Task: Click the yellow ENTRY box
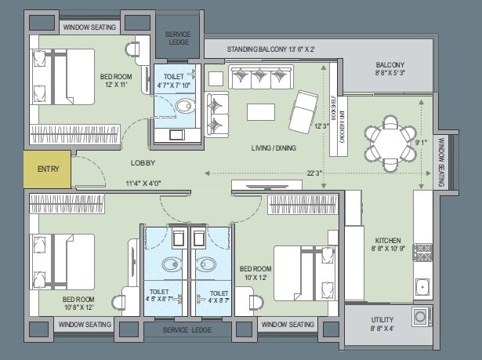tap(47, 169)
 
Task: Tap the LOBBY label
tap(143, 163)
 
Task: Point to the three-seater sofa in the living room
tap(260, 78)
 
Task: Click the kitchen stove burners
tap(422, 252)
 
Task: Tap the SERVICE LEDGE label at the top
tap(179, 37)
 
